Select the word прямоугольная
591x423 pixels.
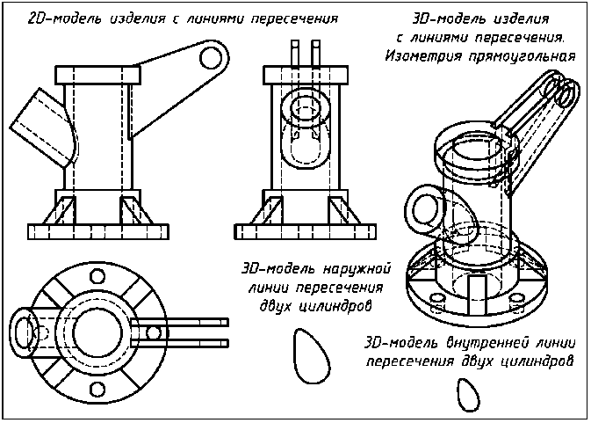coord(523,56)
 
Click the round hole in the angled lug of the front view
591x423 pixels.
coord(211,58)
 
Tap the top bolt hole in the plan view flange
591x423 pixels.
coord(97,276)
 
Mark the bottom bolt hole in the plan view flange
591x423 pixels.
coord(97,389)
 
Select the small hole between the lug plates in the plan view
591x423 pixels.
coord(153,332)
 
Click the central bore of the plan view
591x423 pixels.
coord(97,332)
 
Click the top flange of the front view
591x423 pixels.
coord(97,75)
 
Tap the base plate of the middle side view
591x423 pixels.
coord(306,231)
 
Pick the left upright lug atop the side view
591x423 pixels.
coord(295,54)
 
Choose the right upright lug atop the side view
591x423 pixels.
coord(316,54)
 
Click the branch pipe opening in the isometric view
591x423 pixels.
coord(426,209)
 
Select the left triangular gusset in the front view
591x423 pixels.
coord(61,210)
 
